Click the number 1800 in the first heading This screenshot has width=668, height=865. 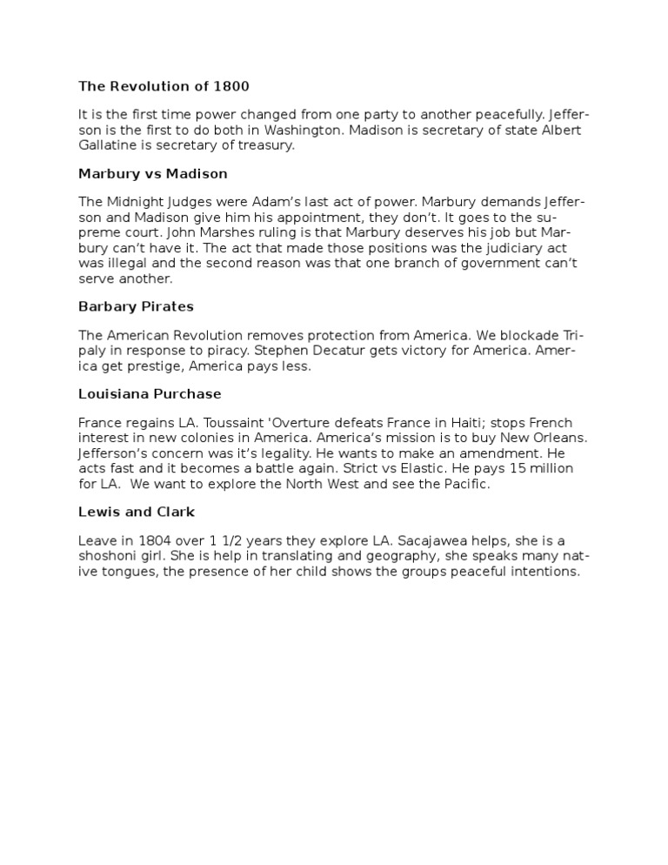[x=232, y=86]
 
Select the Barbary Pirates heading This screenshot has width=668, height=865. [x=136, y=306]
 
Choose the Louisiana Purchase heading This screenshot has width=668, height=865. [x=150, y=394]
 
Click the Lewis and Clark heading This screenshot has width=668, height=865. [x=136, y=512]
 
